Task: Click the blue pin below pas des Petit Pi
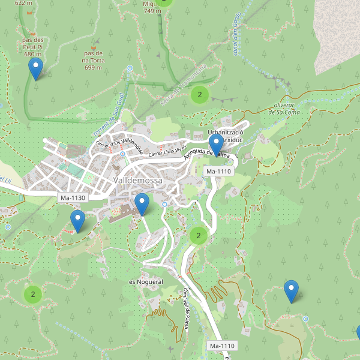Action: click(36, 69)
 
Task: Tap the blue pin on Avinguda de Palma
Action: click(216, 146)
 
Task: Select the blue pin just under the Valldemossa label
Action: click(142, 205)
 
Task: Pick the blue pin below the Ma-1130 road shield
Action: click(77, 221)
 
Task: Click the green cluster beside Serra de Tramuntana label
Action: click(199, 94)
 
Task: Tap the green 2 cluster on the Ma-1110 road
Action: click(199, 236)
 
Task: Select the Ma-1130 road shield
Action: click(73, 197)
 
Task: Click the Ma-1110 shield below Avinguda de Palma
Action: click(218, 172)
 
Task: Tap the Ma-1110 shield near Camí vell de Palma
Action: click(222, 346)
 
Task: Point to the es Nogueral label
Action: click(146, 281)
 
